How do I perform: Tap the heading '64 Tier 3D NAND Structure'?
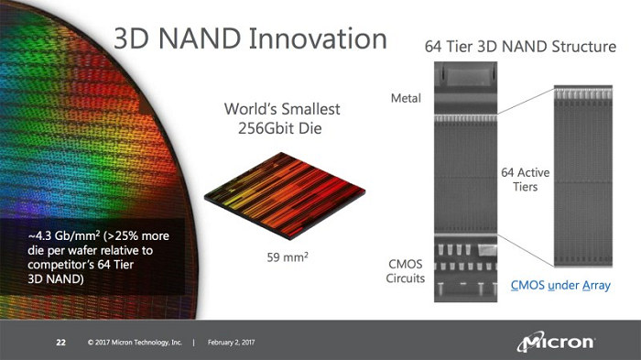[520, 46]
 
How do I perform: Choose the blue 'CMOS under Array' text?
[560, 286]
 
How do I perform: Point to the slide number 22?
[61, 344]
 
